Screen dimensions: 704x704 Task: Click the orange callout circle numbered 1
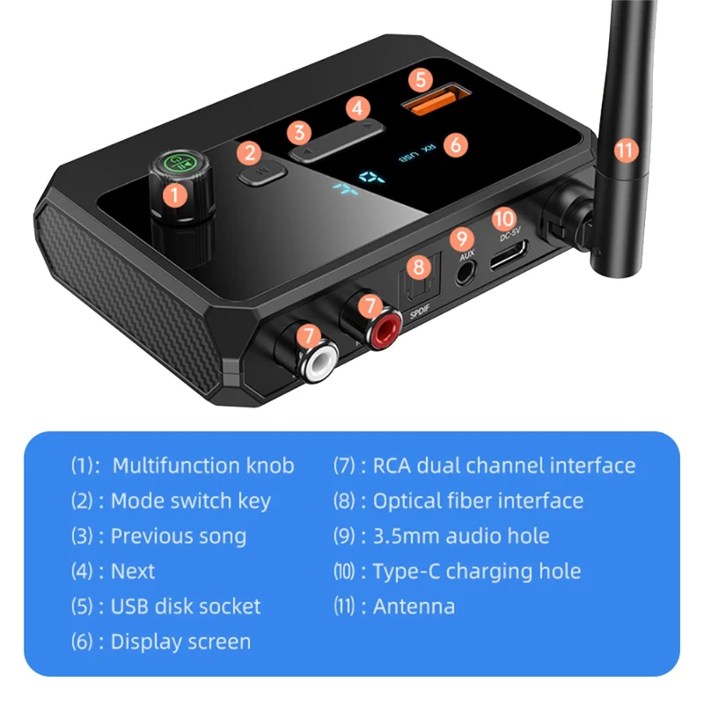176,195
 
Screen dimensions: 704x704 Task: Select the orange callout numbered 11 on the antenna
626,150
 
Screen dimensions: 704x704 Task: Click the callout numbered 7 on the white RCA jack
306,335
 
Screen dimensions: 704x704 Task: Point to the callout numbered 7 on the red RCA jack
370,306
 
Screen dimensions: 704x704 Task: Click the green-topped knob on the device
172,165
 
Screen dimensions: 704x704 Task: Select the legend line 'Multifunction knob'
203,466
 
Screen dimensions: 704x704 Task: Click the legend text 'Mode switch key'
190,501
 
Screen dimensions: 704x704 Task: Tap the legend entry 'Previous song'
178,536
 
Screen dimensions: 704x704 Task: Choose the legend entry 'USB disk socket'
185,606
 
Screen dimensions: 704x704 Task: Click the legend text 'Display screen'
180,642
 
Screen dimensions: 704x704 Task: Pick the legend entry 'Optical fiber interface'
478,501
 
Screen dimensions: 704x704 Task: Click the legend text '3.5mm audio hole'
461,536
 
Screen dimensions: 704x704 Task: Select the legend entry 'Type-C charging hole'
477,571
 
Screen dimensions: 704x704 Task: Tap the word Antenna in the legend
414,606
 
